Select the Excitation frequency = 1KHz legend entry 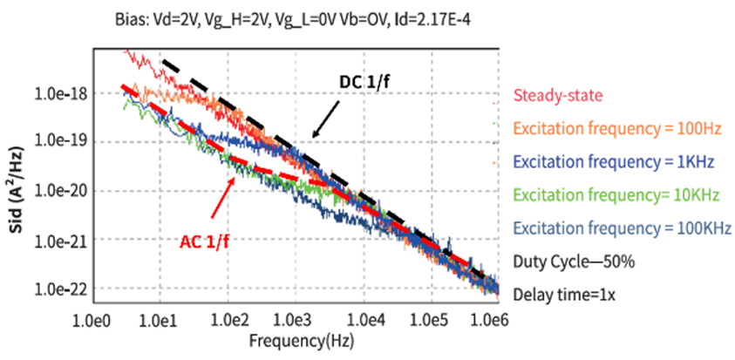[x=614, y=161]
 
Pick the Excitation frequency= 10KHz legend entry [x=615, y=194]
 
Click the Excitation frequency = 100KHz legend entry [x=621, y=228]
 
